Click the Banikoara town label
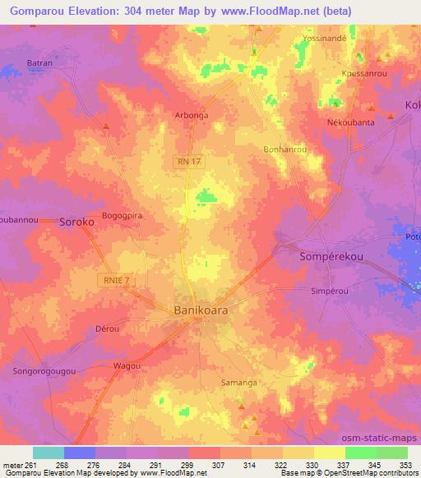click(x=201, y=311)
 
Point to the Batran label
click(x=41, y=62)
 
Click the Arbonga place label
click(x=190, y=116)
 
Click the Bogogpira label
click(x=122, y=216)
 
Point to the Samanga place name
click(x=239, y=382)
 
